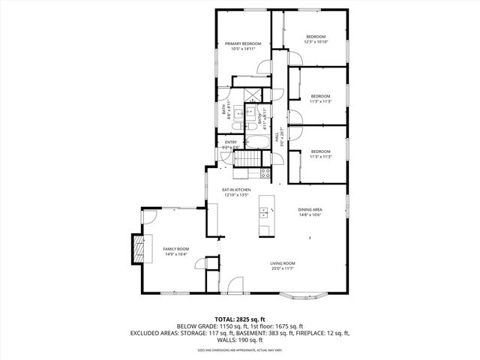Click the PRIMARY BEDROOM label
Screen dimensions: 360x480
click(244, 44)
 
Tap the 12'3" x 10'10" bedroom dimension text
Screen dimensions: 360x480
click(316, 42)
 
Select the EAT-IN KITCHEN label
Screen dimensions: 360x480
click(236, 190)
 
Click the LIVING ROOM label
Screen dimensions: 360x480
click(283, 263)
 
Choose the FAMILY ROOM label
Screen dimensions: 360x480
click(176, 248)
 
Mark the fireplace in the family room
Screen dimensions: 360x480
click(138, 247)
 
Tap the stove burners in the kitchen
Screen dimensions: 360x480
click(265, 172)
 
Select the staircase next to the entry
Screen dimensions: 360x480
click(246, 158)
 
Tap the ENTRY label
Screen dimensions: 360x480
click(231, 142)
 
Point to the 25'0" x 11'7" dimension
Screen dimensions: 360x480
click(283, 268)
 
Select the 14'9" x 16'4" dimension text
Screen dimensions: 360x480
click(176, 253)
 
